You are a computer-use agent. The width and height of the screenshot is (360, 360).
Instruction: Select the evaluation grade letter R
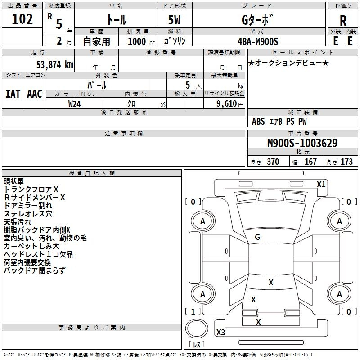pyautogui.click(x=343, y=20)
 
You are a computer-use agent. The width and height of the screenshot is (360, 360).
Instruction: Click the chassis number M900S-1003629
pyautogui.click(x=302, y=144)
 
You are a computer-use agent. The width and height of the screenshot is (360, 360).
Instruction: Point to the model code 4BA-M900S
pyautogui.click(x=258, y=41)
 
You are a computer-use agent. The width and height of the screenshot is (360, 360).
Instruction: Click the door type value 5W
pyautogui.click(x=175, y=20)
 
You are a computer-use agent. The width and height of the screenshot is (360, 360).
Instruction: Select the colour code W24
pyautogui.click(x=75, y=104)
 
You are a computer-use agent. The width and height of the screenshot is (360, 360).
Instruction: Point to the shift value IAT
pyautogui.click(x=13, y=94)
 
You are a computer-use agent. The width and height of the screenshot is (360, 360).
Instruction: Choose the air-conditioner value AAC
pyautogui.click(x=35, y=94)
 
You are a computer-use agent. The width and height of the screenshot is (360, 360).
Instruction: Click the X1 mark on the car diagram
pyautogui.click(x=321, y=184)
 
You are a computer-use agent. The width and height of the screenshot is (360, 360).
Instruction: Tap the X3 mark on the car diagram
pyautogui.click(x=220, y=333)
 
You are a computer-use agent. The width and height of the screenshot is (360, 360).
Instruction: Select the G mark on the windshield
pyautogui.click(x=257, y=237)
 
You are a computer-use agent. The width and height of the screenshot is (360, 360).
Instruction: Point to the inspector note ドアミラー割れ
pyautogui.click(x=28, y=205)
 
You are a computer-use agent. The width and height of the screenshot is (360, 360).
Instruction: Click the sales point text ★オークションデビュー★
pyautogui.click(x=288, y=63)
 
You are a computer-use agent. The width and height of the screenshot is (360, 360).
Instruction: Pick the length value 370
pyautogui.click(x=273, y=162)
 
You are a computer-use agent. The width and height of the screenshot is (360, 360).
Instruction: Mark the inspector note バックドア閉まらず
pyautogui.click(x=34, y=270)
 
